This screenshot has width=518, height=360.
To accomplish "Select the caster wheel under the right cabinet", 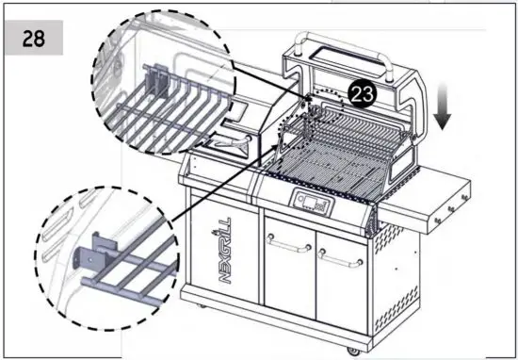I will pyautogui.click(x=352, y=350).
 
